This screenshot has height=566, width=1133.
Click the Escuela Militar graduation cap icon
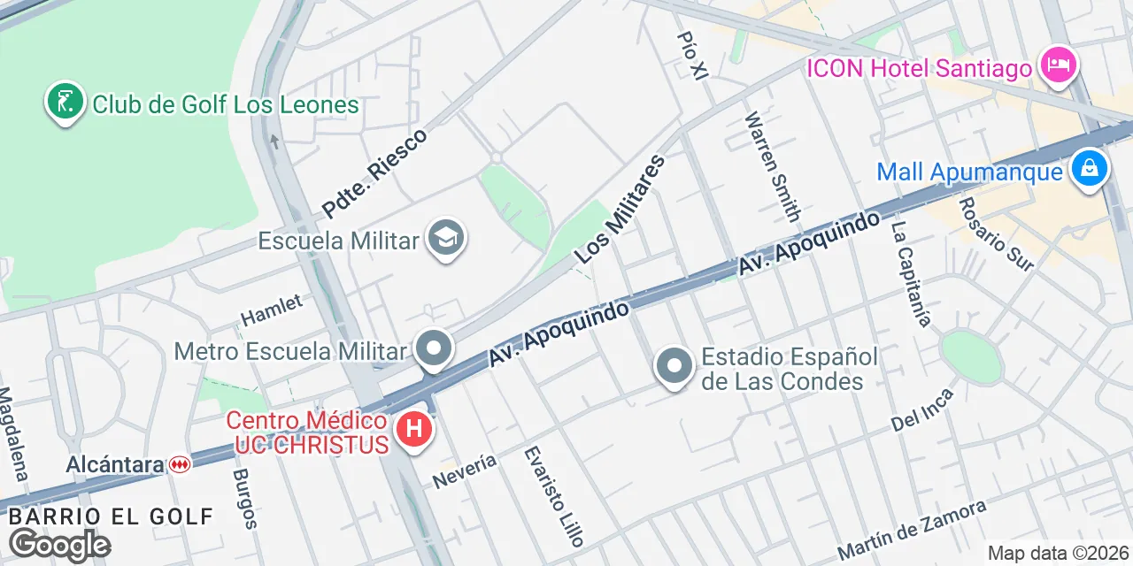point(445,238)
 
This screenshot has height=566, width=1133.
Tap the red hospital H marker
point(412,431)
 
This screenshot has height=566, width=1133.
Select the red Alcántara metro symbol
point(180,464)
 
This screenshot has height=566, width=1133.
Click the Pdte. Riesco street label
point(374,173)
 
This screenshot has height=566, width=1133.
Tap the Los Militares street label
point(619,210)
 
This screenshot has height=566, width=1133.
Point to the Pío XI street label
point(692,56)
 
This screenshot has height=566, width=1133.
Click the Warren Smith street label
point(773,166)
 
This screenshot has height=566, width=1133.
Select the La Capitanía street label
point(911,273)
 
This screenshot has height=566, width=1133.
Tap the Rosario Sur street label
point(995,233)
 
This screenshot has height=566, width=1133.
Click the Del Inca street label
point(922,410)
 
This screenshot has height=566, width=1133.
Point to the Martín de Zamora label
point(911,530)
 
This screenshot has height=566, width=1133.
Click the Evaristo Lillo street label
point(550,495)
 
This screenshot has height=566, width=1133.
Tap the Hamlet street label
point(272,310)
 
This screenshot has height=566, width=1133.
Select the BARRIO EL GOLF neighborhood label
point(111,516)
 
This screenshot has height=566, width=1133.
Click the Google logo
point(59,545)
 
